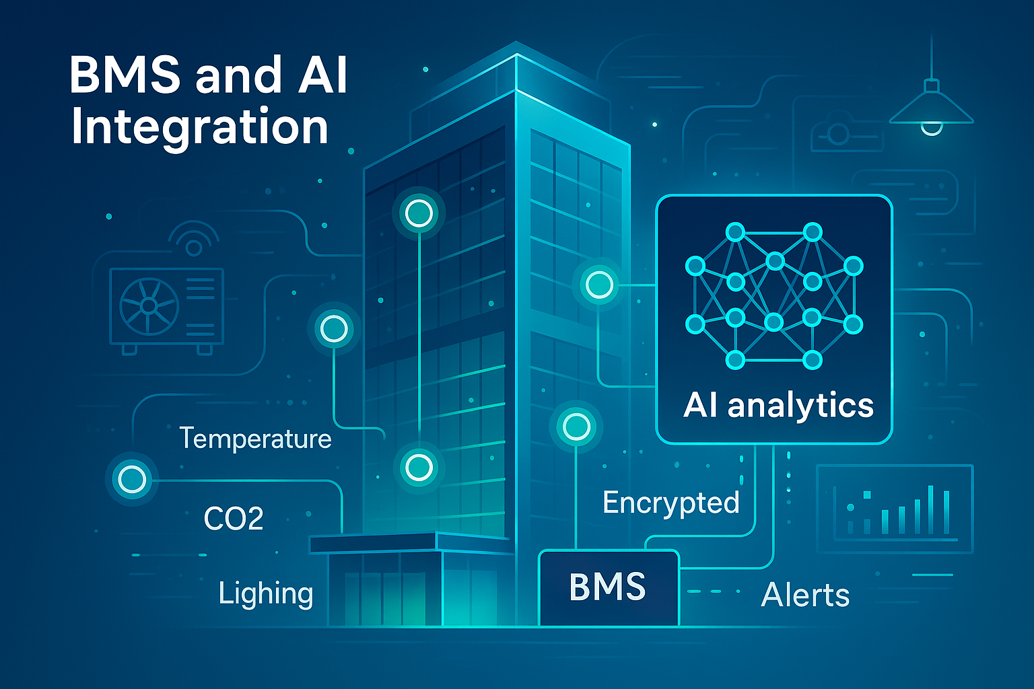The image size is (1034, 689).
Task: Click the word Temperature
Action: (x=255, y=439)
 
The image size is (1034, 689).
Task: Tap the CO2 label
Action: (x=233, y=519)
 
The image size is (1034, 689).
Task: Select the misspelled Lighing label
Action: (x=266, y=594)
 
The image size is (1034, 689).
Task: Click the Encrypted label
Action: (x=670, y=503)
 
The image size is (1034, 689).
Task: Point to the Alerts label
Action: (x=805, y=595)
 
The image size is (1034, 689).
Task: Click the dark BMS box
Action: (x=609, y=587)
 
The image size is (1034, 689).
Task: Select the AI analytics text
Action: (x=778, y=406)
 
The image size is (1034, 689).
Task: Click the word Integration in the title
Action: (x=199, y=127)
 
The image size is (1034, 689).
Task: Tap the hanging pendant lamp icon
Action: (x=931, y=111)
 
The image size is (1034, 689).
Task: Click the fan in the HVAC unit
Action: (x=149, y=306)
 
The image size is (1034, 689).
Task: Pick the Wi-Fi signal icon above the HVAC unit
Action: (x=193, y=239)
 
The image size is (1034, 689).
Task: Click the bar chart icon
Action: (x=895, y=509)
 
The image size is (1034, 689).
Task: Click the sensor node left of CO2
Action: (x=132, y=480)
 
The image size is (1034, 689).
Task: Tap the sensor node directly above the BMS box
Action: (x=576, y=427)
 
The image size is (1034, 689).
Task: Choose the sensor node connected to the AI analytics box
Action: (x=598, y=285)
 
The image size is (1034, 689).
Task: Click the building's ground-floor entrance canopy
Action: (x=374, y=542)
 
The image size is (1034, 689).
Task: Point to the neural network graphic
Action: (x=774, y=296)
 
